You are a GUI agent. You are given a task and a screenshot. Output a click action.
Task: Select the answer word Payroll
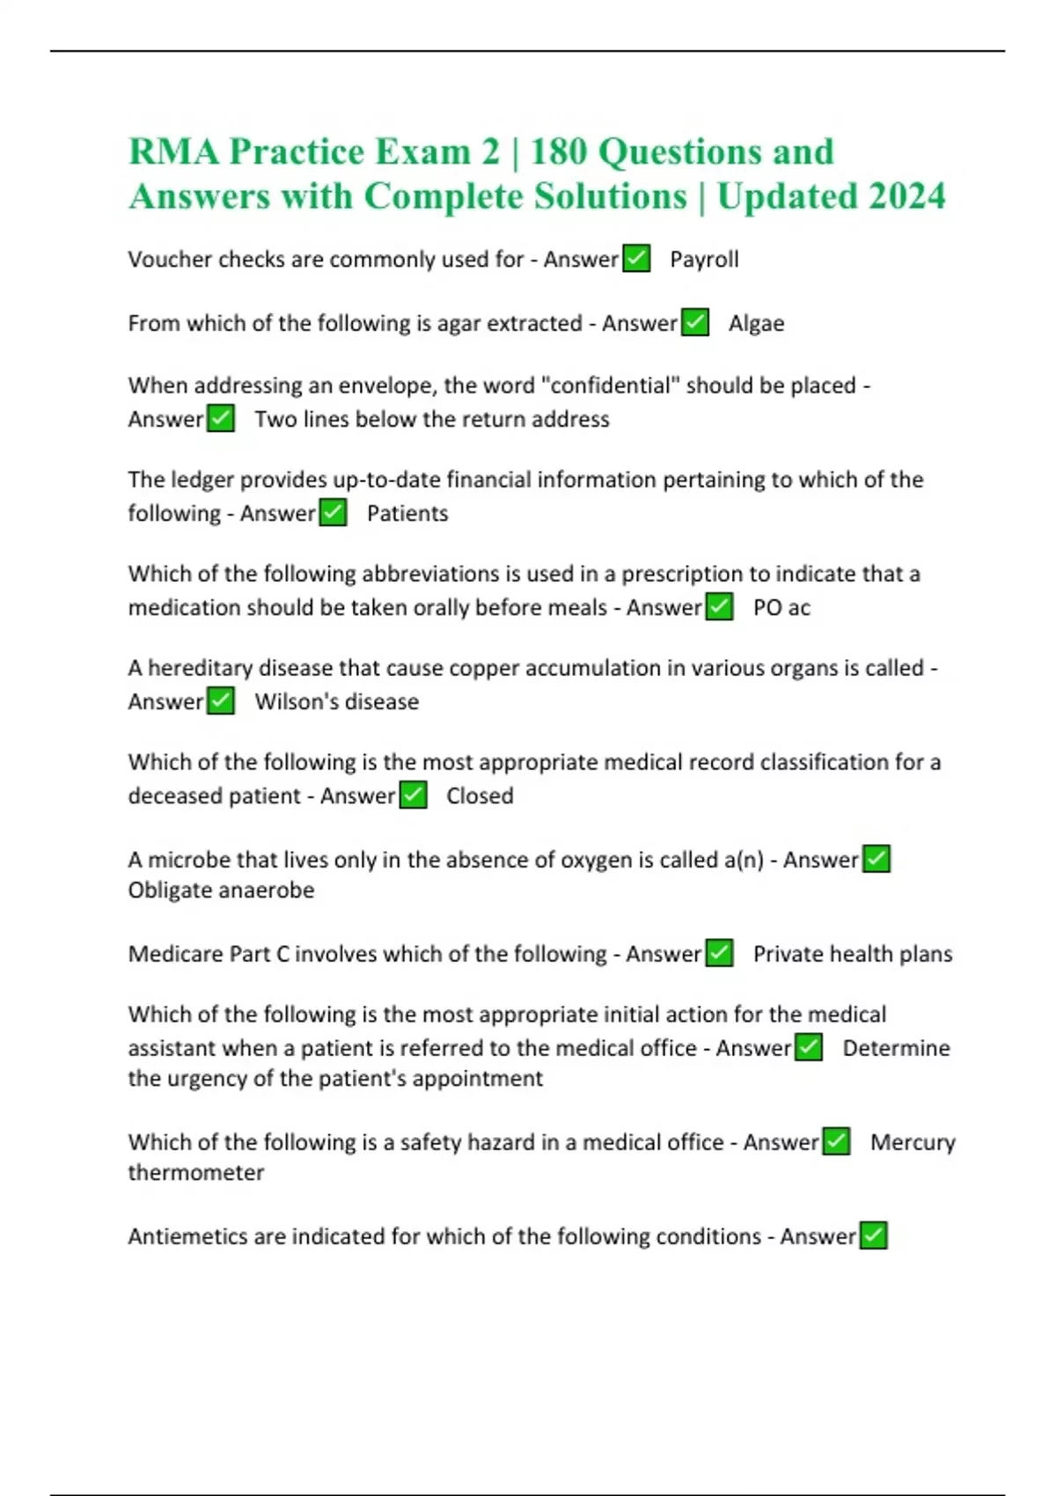704,260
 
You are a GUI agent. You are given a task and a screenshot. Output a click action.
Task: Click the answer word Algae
756,324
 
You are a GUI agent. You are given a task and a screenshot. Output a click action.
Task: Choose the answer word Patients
407,513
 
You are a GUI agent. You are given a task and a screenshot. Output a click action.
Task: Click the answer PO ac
781,607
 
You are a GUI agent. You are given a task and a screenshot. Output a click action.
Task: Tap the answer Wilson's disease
336,701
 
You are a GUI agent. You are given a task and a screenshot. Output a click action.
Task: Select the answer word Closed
480,796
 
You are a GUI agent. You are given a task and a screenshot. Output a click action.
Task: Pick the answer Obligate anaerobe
221,890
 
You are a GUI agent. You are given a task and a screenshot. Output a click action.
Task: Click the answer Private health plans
852,954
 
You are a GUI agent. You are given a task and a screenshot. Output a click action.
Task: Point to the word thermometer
196,1172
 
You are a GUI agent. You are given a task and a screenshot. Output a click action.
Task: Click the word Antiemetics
187,1236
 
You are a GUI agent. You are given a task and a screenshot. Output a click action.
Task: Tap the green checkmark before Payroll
636,259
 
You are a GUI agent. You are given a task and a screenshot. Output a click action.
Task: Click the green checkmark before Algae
695,323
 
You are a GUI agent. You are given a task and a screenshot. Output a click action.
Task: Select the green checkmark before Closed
414,796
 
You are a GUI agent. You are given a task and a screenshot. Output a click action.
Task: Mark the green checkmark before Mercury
836,1141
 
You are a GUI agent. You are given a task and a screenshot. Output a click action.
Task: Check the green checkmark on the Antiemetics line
873,1236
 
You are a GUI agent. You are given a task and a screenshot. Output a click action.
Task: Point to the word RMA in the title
173,151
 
